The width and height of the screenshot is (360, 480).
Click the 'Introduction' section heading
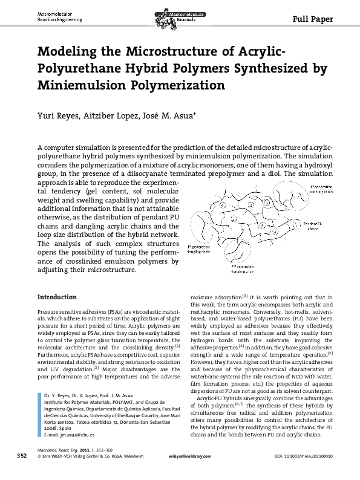[x=57, y=297]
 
